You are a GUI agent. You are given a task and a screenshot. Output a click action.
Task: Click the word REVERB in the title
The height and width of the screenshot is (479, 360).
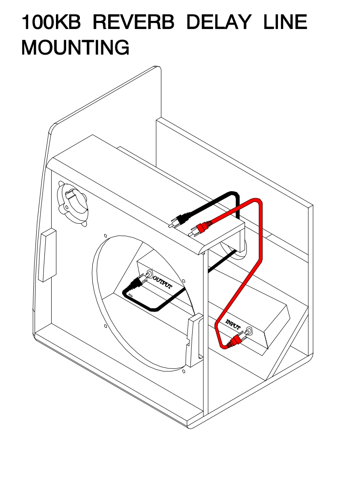coord(133,22)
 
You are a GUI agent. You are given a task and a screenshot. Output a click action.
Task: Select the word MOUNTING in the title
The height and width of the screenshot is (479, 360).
coord(75,47)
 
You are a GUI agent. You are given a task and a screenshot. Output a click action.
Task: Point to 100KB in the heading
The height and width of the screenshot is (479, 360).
coord(50,22)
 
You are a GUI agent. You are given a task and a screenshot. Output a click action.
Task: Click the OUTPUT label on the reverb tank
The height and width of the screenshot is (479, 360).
coord(163,283)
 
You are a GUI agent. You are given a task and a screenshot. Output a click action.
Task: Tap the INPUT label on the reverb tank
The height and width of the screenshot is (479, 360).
coord(233,325)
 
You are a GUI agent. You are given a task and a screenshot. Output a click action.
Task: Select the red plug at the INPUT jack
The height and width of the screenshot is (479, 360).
coord(234,342)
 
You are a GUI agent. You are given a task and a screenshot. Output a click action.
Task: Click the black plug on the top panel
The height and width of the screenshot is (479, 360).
coord(179,220)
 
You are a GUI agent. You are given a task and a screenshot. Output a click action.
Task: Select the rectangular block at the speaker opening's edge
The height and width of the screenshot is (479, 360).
coord(194,340)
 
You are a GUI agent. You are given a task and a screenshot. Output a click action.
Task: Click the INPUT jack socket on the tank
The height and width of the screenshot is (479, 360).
coord(248,330)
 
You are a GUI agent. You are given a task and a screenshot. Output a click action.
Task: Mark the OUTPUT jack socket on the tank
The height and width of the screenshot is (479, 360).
coord(150,274)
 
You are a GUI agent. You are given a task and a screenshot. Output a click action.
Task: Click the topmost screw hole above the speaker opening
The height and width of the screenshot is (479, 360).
coord(105,235)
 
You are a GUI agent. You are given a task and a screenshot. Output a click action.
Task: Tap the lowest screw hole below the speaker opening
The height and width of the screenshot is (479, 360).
coord(183,371)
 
